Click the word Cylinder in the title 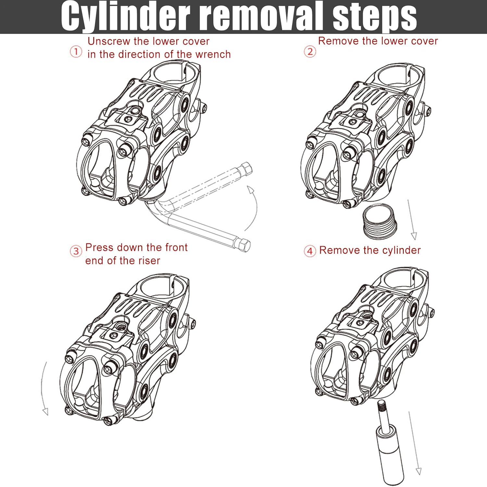point(125,16)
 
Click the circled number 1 point(76,52)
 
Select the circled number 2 point(310,52)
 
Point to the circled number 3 point(76,251)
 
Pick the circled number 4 point(310,251)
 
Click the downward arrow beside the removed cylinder point(414,442)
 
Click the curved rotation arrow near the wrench point(253,208)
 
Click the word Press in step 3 point(99,248)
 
